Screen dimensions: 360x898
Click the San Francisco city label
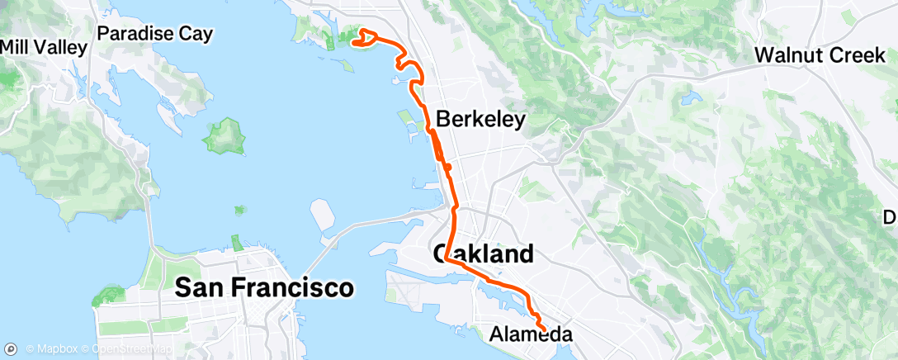click(x=264, y=287)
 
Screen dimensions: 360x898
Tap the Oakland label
click(x=483, y=253)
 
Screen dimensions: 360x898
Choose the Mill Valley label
click(x=43, y=47)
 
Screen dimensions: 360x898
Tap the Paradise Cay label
click(x=155, y=34)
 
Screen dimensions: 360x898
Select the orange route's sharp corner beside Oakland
click(x=447, y=258)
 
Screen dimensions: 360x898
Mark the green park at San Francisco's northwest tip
click(x=109, y=295)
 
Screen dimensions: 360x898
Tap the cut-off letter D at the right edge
click(x=891, y=217)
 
